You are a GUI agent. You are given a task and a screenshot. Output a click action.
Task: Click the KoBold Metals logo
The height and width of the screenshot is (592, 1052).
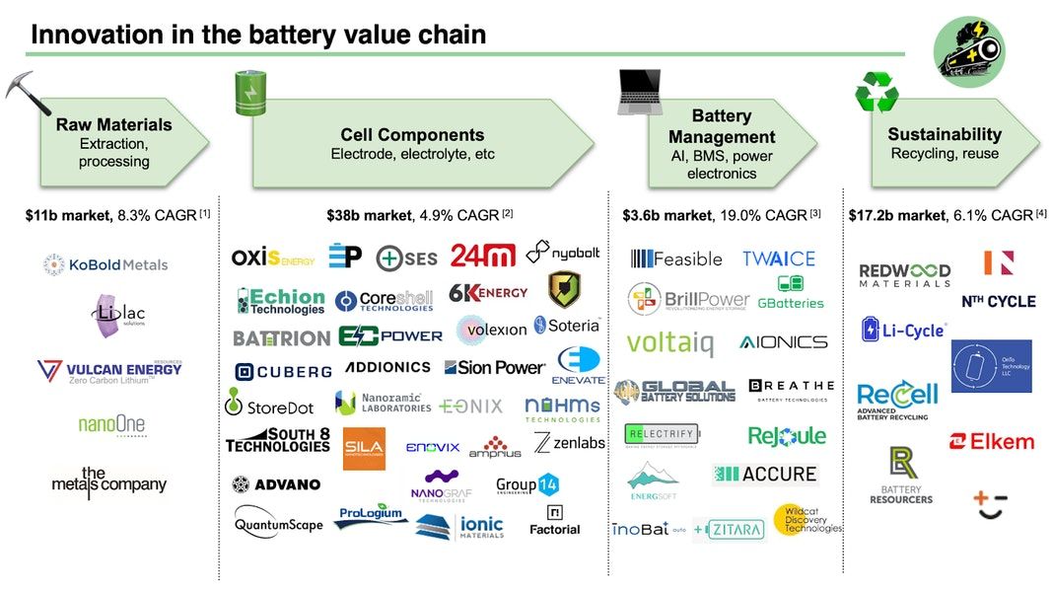click(x=105, y=264)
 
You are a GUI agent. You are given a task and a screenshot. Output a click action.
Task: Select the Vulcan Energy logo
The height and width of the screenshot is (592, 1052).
click(x=108, y=372)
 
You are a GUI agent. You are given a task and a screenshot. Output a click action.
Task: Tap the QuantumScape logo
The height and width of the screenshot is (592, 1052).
click(x=278, y=524)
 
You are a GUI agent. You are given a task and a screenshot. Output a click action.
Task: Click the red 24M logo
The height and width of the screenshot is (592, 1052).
click(x=482, y=256)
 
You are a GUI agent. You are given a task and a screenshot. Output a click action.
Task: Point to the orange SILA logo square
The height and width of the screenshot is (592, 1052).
click(x=364, y=448)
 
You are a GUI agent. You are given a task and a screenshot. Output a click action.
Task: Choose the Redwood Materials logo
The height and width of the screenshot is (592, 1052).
click(x=904, y=275)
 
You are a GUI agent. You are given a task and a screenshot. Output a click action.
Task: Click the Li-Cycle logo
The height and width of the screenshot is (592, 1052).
click(x=903, y=330)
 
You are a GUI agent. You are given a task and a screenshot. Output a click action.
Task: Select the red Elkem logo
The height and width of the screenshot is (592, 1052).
click(x=991, y=441)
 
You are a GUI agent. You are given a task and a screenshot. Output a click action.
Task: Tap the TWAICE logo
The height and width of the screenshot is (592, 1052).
click(x=778, y=259)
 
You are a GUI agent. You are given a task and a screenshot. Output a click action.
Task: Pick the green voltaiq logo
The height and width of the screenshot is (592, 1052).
click(x=669, y=342)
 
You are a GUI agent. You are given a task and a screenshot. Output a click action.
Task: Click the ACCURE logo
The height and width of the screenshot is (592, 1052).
click(x=764, y=475)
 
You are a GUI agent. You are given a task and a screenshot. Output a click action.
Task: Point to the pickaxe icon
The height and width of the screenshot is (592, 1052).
click(x=27, y=92)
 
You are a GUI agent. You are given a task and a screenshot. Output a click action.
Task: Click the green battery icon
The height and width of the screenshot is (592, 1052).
click(x=246, y=92)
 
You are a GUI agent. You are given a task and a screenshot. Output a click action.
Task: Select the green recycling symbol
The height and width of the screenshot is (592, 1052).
click(x=876, y=92)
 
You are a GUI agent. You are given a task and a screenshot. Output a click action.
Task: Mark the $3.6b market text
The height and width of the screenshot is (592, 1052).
click(x=666, y=214)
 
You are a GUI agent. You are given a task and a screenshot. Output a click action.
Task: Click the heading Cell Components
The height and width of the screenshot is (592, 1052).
click(x=412, y=135)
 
